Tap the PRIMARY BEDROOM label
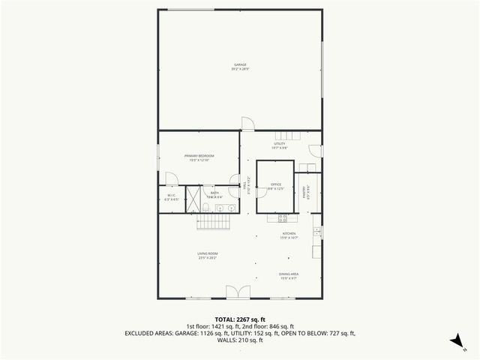199,157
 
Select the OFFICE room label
275,185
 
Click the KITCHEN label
289,235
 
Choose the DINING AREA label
289,275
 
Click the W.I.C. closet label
171,198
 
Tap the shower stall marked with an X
193,200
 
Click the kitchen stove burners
283,218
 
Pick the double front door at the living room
235,292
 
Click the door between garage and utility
247,124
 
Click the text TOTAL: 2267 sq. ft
240,319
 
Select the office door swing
262,207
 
